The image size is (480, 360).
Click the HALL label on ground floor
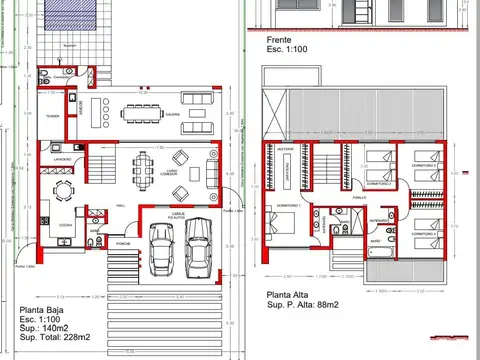(x=120, y=205)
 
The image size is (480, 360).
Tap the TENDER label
(x=53, y=115)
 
